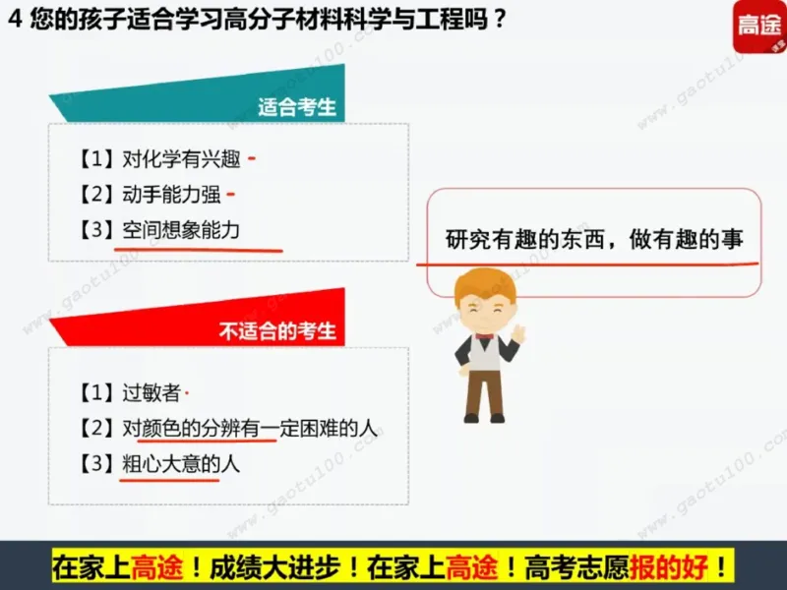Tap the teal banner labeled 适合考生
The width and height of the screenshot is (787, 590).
(x=296, y=107)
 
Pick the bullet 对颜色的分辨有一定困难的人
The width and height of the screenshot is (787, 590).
(x=250, y=429)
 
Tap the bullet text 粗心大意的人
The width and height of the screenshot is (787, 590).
(x=180, y=463)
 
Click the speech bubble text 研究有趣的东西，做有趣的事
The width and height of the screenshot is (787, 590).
(x=594, y=239)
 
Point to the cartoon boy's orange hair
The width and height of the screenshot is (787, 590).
(x=481, y=285)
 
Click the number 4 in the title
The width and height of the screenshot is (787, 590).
(x=12, y=20)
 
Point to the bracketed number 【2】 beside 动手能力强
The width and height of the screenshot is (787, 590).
(x=96, y=195)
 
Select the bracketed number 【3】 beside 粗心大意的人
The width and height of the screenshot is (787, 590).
(x=96, y=463)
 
